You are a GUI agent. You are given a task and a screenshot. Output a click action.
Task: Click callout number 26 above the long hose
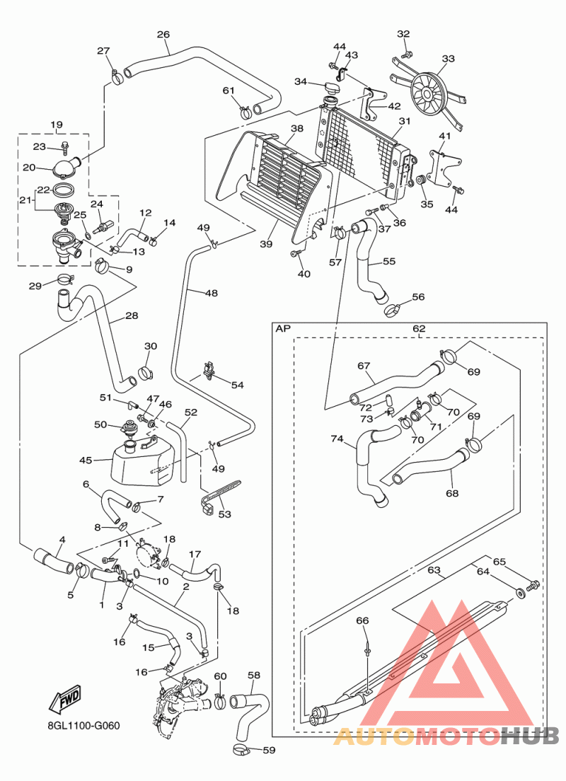(x=163, y=35)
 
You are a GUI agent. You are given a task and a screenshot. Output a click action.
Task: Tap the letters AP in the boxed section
(x=283, y=329)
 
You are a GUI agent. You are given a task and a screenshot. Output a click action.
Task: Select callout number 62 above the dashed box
(x=419, y=329)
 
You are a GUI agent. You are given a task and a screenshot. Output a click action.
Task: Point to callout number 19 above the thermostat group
(x=57, y=125)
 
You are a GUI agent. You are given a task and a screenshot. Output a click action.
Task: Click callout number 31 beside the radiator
(x=404, y=121)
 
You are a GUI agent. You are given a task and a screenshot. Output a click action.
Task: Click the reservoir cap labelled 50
(x=129, y=428)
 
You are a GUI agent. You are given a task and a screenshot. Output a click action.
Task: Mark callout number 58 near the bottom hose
(x=254, y=676)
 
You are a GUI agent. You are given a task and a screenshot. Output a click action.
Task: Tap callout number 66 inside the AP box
(x=362, y=620)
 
